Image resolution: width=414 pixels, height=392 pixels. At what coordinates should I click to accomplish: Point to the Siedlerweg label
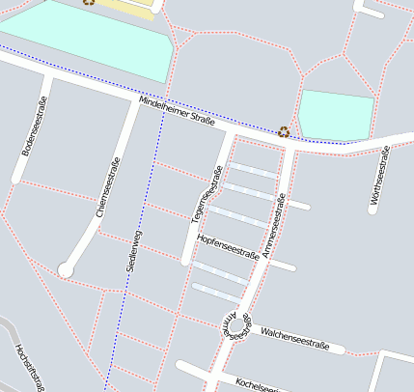click(x=134, y=250)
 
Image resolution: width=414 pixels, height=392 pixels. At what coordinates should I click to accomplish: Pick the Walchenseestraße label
click(x=295, y=337)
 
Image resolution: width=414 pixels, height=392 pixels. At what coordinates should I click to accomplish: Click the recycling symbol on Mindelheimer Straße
click(x=284, y=131)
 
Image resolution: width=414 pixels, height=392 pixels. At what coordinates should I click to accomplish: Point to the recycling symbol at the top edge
click(x=89, y=2)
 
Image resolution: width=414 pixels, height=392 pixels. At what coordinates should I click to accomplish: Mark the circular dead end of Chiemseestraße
click(x=65, y=270)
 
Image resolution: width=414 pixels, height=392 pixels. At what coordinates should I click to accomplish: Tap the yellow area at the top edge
click(x=125, y=6)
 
